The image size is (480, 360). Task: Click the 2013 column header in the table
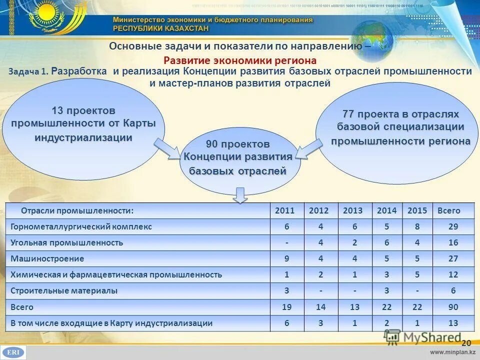tap(353, 210)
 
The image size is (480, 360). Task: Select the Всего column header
tap(448, 210)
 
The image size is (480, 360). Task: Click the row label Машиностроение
tap(47, 259)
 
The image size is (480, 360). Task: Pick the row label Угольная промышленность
tap(66, 242)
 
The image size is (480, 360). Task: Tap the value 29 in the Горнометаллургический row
tap(453, 226)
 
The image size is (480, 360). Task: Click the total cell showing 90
tap(453, 307)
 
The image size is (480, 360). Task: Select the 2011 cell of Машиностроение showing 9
tap(287, 259)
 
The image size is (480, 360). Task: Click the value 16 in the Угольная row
tap(453, 242)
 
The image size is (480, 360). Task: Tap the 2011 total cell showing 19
tap(287, 307)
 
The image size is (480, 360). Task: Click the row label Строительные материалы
tap(64, 290)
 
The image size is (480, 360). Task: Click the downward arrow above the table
tap(241, 195)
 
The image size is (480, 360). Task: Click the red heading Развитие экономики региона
tap(240, 60)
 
